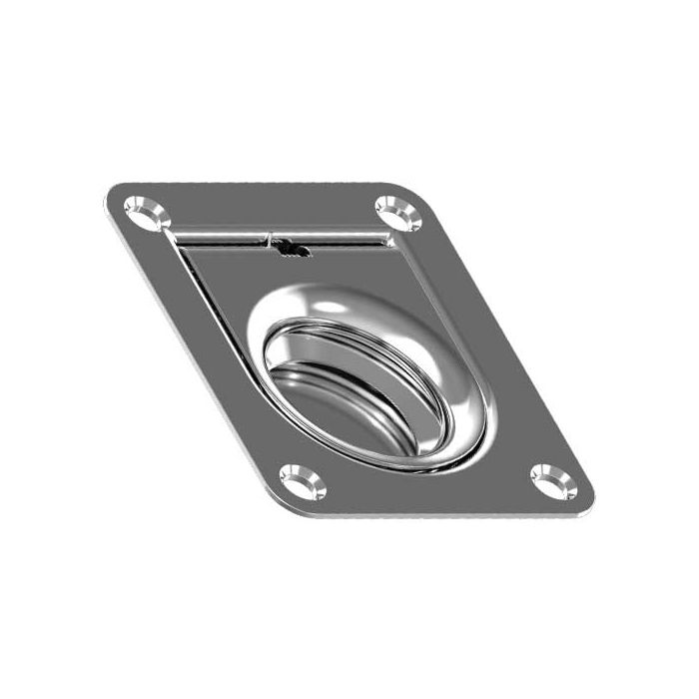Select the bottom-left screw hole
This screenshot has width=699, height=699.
coord(301,482)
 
